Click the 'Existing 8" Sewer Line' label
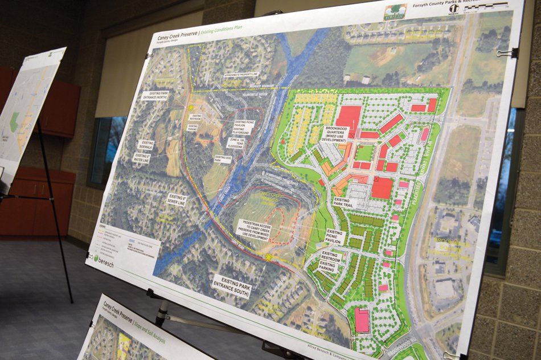click(177, 199)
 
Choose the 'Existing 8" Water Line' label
click(142, 156)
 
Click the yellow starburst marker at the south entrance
click(269, 257)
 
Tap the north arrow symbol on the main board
click(454, 9)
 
